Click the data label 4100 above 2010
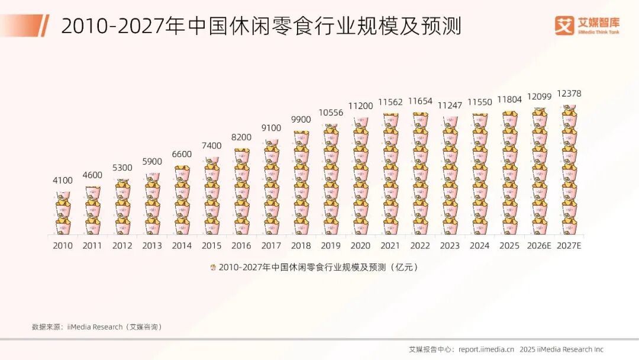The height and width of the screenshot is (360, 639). pos(63,181)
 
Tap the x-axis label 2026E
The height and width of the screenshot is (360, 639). pos(539,246)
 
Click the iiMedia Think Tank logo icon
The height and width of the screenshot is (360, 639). pos(564,25)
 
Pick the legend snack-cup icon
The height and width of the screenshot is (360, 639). pos(212,267)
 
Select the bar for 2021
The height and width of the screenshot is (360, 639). pos(390,174)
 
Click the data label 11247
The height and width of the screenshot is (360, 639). pos(450,105)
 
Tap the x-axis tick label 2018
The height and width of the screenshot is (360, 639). pos(301,246)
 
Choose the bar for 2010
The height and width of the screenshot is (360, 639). pos(63,213)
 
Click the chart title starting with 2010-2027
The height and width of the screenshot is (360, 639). pos(261,26)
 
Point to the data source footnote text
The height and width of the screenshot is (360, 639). pos(96,327)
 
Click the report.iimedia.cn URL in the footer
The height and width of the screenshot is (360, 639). pos(486,349)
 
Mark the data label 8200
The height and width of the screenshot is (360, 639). pos(241,137)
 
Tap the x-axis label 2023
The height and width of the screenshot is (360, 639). pos(450,246)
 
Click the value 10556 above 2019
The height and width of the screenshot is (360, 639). pos(331,112)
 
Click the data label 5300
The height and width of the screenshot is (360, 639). pos(122,168)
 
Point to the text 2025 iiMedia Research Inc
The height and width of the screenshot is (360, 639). pos(561,349)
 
